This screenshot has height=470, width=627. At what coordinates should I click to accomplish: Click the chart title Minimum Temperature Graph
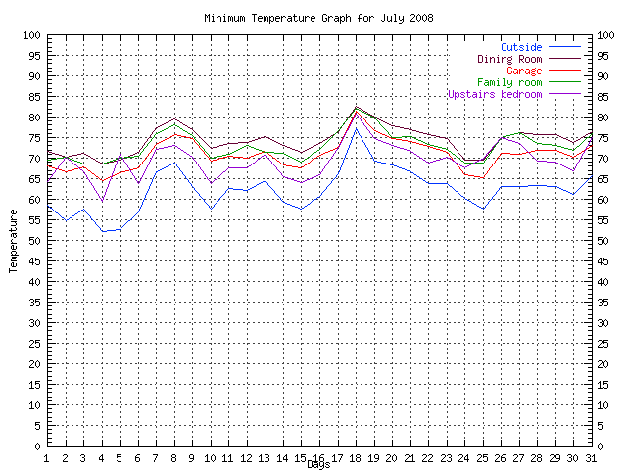pyautogui.click(x=318, y=19)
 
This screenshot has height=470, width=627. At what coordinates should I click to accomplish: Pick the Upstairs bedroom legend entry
pyautogui.click(x=494, y=94)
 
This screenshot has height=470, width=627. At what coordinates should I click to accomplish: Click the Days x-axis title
pyautogui.click(x=318, y=464)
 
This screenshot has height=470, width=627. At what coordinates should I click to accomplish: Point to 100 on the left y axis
pyautogui.click(x=30, y=35)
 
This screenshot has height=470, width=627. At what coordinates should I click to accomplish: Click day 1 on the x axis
pyautogui.click(x=47, y=457)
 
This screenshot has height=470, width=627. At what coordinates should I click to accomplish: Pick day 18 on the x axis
pyautogui.click(x=356, y=457)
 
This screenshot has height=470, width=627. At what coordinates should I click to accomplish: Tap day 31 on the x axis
pyautogui.click(x=592, y=457)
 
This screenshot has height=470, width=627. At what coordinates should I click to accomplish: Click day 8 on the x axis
pyautogui.click(x=174, y=457)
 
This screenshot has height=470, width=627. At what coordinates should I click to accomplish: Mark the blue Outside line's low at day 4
pyautogui.click(x=102, y=231)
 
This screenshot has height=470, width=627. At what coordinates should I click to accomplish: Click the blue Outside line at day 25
pyautogui.click(x=483, y=209)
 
